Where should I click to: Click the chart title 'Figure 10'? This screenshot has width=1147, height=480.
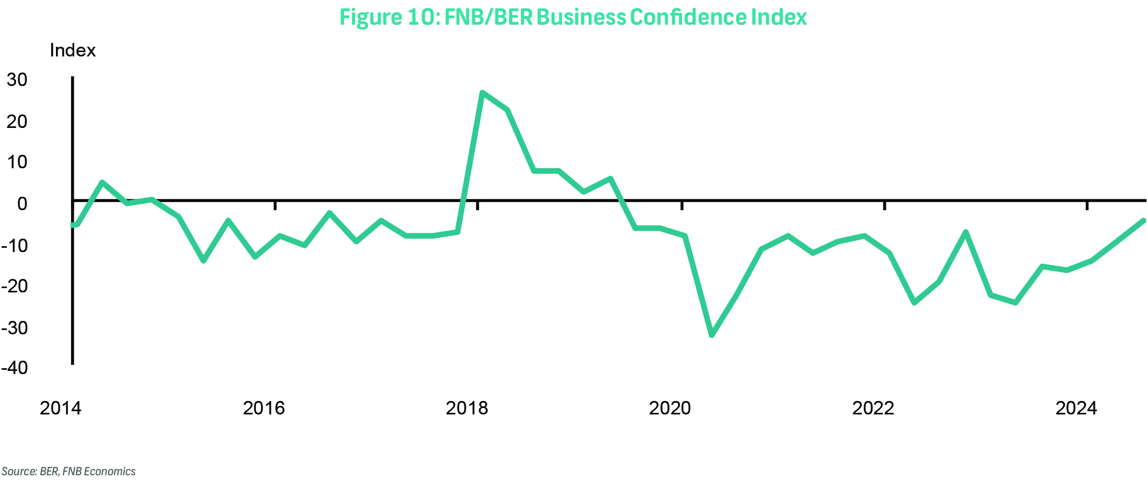click(x=573, y=17)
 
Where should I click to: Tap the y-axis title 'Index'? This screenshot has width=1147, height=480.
click(x=73, y=51)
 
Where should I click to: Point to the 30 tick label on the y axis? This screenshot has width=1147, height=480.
click(x=17, y=80)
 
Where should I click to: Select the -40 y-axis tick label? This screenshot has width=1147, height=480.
click(x=15, y=368)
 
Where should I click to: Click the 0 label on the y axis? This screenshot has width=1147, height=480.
click(x=22, y=204)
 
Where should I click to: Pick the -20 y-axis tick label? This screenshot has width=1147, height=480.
click(x=15, y=286)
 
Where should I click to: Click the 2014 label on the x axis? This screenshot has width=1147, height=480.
click(x=61, y=409)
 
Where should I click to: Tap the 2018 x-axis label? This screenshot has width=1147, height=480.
click(x=467, y=409)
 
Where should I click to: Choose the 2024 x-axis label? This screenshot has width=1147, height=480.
click(x=1076, y=409)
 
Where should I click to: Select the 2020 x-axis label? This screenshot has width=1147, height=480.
click(x=670, y=409)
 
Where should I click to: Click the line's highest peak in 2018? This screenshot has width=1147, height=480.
click(x=482, y=92)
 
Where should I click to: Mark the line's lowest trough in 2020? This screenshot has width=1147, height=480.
click(x=712, y=335)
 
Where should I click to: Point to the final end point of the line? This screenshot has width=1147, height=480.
click(x=1143, y=220)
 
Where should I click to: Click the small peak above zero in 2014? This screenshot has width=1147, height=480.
click(x=102, y=182)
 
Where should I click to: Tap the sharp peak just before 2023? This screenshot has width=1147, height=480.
click(x=966, y=232)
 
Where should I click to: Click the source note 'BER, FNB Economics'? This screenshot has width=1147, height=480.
click(x=69, y=471)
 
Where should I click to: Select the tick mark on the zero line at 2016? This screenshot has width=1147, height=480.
click(x=275, y=205)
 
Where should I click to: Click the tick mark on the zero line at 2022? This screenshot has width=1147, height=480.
click(x=885, y=205)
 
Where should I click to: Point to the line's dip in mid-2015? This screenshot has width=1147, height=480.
click(x=203, y=261)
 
